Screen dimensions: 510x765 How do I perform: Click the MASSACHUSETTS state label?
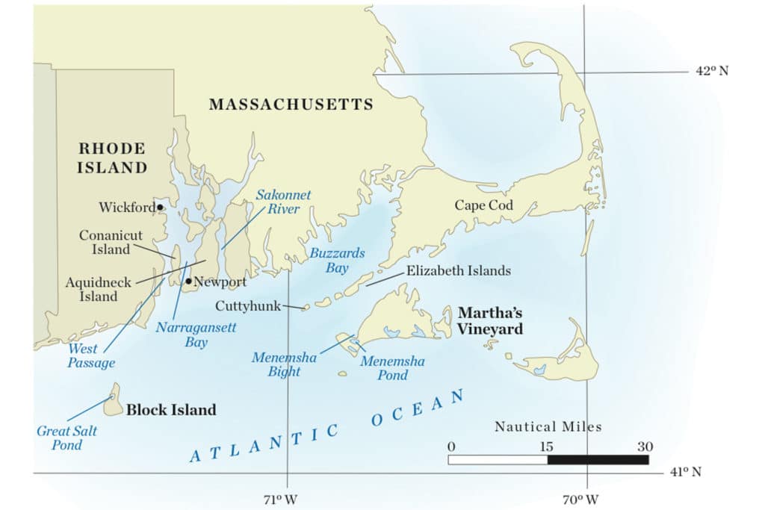(291, 105)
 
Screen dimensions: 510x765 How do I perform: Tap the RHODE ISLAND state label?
(112, 158)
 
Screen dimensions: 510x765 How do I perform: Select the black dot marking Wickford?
(160, 208)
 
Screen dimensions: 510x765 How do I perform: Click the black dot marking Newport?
(188, 282)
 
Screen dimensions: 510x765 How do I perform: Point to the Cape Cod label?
(486, 205)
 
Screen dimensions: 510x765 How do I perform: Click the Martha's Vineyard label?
(490, 321)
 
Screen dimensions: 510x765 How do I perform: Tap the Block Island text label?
(171, 410)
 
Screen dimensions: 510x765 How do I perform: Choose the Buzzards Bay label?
(338, 261)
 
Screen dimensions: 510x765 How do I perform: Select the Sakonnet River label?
(283, 202)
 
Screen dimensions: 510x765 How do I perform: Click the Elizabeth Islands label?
(459, 271)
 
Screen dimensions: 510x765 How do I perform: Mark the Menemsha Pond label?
(393, 368)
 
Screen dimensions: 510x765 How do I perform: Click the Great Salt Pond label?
(67, 438)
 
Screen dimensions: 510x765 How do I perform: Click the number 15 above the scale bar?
(546, 447)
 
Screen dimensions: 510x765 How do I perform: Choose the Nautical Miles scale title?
(548, 427)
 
